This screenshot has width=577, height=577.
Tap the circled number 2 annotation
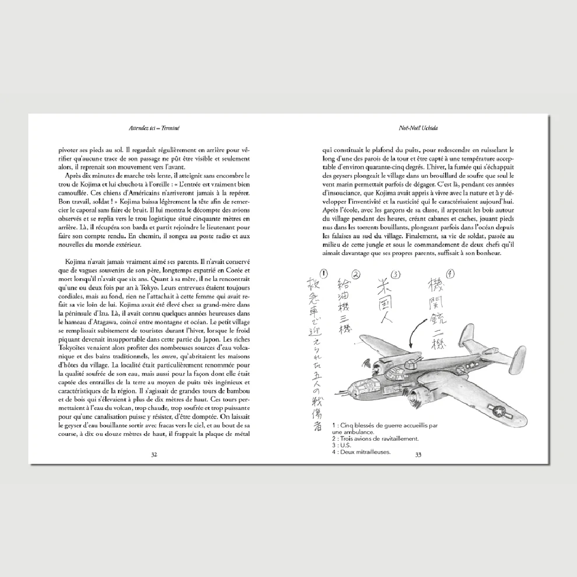356,275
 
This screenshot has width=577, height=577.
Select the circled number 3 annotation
395,275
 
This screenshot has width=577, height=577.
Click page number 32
154,455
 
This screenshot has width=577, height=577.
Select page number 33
418,455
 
